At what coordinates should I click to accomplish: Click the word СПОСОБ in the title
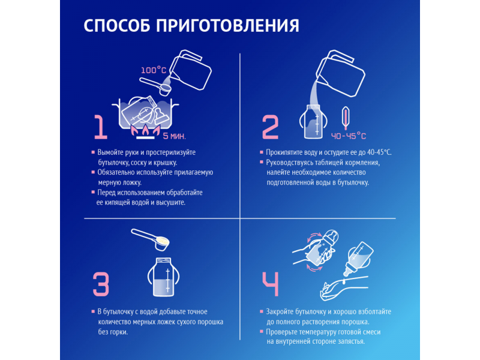(116, 25)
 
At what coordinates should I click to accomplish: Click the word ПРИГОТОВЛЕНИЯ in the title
(227, 26)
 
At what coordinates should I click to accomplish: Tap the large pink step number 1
(100, 127)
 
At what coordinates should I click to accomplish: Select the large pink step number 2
(271, 127)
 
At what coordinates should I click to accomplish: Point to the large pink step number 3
(101, 284)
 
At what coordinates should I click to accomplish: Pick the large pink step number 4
(271, 284)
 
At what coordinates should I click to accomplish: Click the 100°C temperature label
(154, 70)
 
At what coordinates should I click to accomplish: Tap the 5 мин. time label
(174, 136)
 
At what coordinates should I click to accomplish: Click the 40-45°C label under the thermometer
(349, 136)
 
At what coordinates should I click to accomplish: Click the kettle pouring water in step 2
(340, 73)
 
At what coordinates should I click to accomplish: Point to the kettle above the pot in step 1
(190, 70)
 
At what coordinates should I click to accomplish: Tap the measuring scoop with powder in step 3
(151, 239)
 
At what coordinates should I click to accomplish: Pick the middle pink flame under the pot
(145, 130)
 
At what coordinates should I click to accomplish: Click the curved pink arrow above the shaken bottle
(314, 236)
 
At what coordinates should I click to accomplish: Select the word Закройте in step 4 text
(280, 312)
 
